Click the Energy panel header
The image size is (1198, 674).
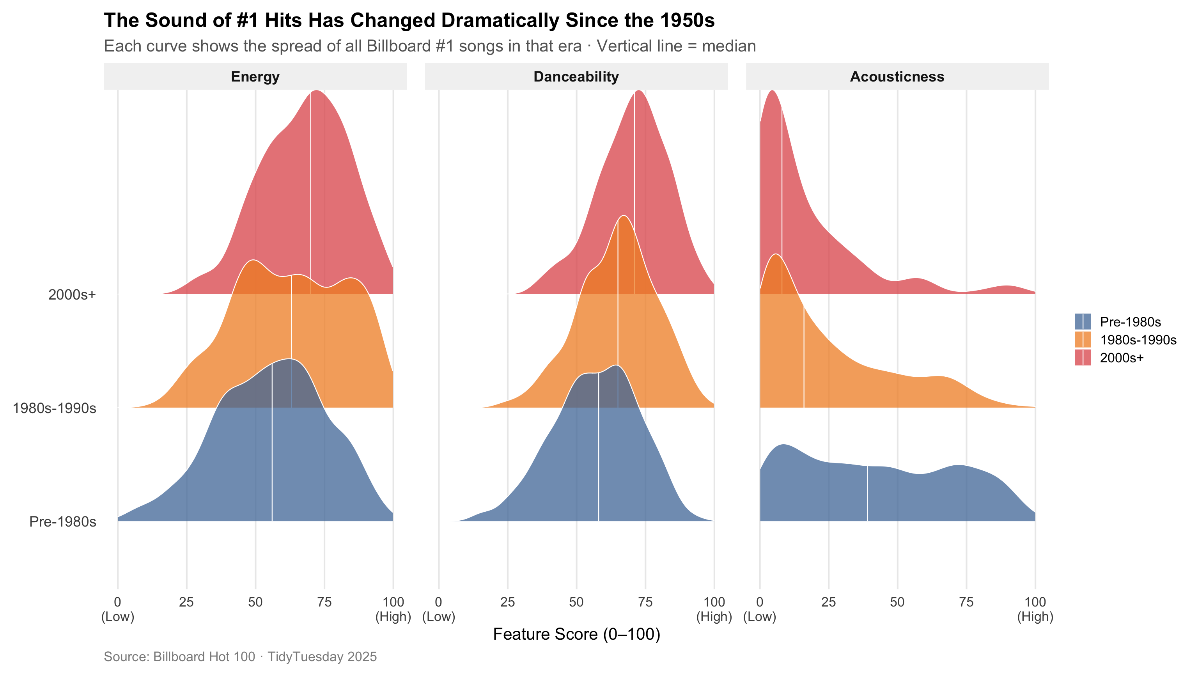click(x=255, y=76)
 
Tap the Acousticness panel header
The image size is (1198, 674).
click(x=897, y=76)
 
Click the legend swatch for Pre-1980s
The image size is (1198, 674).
click(x=1083, y=321)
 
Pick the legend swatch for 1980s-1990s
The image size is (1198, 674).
click(x=1083, y=340)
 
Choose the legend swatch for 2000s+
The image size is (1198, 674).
click(x=1083, y=358)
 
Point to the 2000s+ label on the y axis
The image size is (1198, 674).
click(x=72, y=294)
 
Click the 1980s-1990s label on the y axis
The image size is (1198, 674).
click(x=55, y=408)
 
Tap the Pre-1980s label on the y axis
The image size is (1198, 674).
click(x=63, y=521)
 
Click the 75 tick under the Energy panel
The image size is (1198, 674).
click(x=324, y=602)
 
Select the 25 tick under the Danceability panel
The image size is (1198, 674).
click(x=507, y=602)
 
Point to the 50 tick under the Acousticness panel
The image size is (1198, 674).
click(x=897, y=602)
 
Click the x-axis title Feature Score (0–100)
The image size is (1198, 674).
click(x=576, y=634)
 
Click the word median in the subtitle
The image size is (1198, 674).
click(x=728, y=46)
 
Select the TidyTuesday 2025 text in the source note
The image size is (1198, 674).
click(x=322, y=656)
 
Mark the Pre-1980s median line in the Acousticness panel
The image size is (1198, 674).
click(x=867, y=493)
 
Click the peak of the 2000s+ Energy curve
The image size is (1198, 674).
click(x=317, y=91)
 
